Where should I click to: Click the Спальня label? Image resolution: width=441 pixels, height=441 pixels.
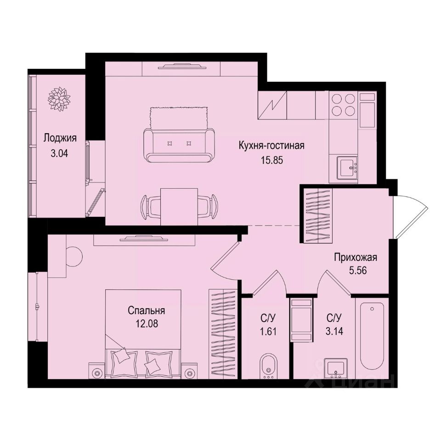147,311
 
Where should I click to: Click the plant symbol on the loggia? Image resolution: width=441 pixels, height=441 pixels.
58,97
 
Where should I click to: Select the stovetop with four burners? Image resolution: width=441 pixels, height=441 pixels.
343,105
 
